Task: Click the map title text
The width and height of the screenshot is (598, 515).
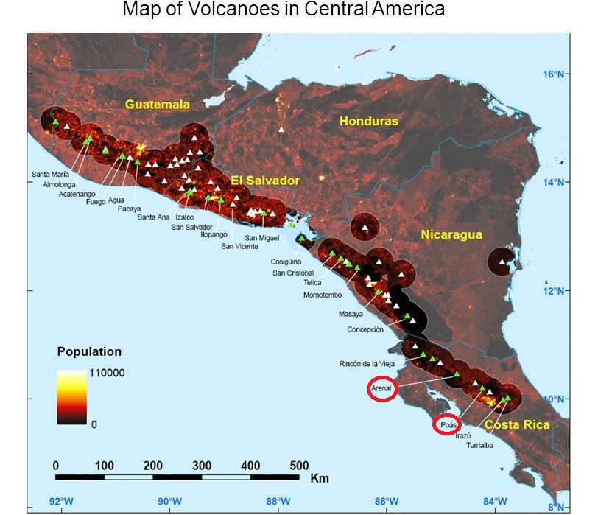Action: (x=284, y=10)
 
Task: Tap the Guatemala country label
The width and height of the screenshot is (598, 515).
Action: (x=158, y=105)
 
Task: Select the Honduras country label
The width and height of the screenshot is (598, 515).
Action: (x=368, y=121)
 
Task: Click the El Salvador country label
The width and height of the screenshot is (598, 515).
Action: (x=265, y=181)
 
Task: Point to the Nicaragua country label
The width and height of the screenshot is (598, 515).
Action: (x=451, y=235)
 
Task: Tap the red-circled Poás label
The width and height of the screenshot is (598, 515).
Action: (x=448, y=425)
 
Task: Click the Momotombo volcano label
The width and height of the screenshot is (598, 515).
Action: (x=323, y=295)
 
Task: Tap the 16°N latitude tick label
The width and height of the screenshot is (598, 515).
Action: (x=553, y=74)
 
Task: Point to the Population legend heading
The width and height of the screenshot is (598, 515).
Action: (x=89, y=351)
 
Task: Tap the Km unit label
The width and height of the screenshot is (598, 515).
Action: (x=320, y=478)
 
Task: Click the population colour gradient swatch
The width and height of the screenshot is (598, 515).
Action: (x=71, y=396)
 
